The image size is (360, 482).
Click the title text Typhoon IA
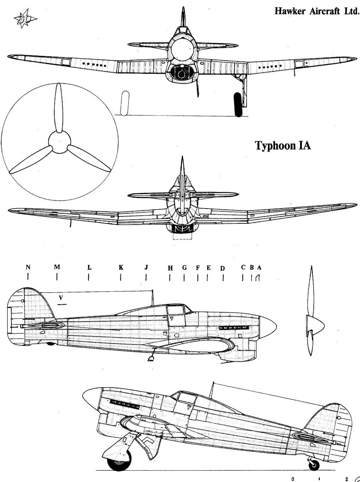[283, 146]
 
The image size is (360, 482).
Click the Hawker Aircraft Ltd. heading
[317, 11]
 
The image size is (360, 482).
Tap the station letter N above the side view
[28, 267]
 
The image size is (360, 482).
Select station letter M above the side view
[57, 267]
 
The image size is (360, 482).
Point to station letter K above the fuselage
[121, 267]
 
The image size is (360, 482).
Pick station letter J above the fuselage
[146, 267]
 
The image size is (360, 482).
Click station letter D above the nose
[223, 268]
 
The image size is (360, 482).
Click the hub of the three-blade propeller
[59, 142]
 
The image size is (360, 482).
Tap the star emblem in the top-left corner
[24, 20]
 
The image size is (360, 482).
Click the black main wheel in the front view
[238, 104]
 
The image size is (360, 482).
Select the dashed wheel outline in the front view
[124, 103]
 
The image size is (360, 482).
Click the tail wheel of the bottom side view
[314, 465]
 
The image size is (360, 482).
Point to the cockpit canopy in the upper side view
[175, 309]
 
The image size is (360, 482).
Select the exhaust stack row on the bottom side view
[124, 404]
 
